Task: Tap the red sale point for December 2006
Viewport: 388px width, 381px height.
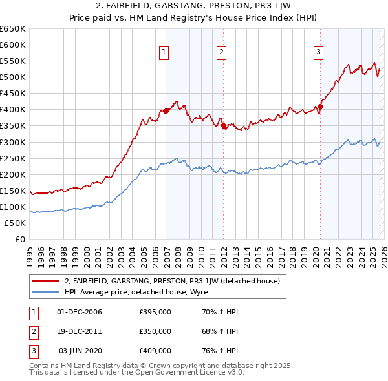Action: coord(166,111)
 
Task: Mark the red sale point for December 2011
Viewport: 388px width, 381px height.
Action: coord(224,126)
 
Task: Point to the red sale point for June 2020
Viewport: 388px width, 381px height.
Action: coord(320,107)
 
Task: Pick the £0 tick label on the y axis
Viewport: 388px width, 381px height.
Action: coord(20,239)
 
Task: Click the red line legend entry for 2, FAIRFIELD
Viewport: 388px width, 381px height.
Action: coord(171,281)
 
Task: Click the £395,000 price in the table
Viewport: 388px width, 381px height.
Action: coord(155,312)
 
